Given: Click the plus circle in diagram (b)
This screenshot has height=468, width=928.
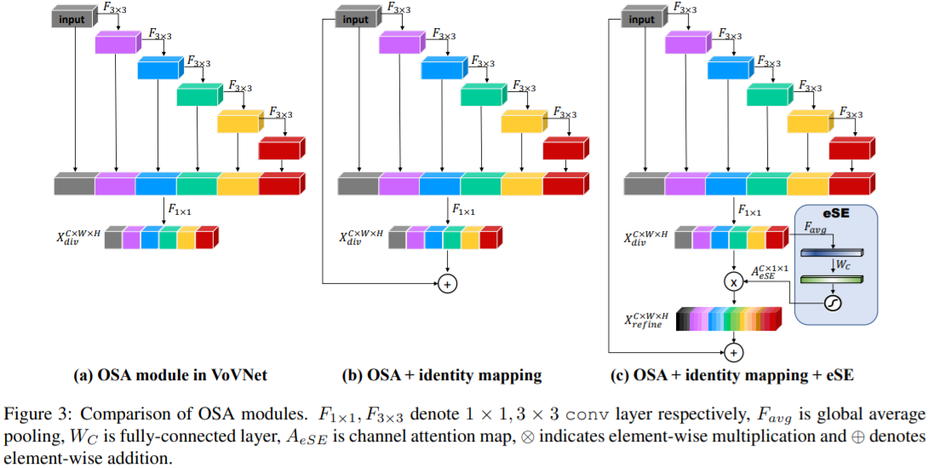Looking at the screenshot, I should point(447,284).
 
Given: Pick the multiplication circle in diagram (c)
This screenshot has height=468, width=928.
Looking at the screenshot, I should point(733,280).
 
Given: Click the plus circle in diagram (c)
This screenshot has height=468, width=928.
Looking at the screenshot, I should point(733,350).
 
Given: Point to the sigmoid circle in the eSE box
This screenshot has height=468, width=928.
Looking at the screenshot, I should point(833,303).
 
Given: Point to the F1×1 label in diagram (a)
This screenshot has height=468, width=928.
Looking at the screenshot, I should point(180,208).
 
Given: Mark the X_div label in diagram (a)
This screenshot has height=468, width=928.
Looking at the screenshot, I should point(78,237).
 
